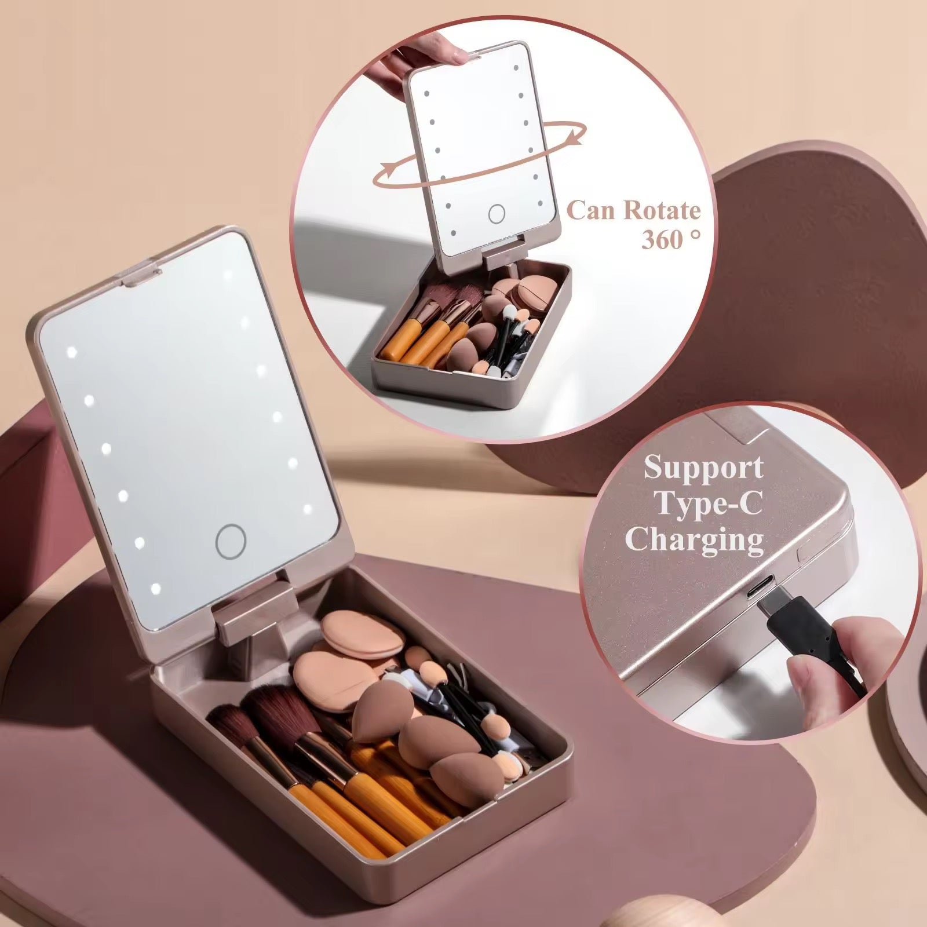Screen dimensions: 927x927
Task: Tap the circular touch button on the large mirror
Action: point(231,541)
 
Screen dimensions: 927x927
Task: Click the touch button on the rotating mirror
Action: point(497,214)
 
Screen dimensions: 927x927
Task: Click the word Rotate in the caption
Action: point(662,210)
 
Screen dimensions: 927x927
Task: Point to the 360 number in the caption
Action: point(664,239)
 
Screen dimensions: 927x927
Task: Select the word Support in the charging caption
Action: point(703,467)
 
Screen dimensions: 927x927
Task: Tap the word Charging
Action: point(694,540)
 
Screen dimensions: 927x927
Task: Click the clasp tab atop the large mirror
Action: point(139,274)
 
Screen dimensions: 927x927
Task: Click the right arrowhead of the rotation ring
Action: point(574,137)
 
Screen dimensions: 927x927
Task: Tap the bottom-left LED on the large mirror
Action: point(155,589)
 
